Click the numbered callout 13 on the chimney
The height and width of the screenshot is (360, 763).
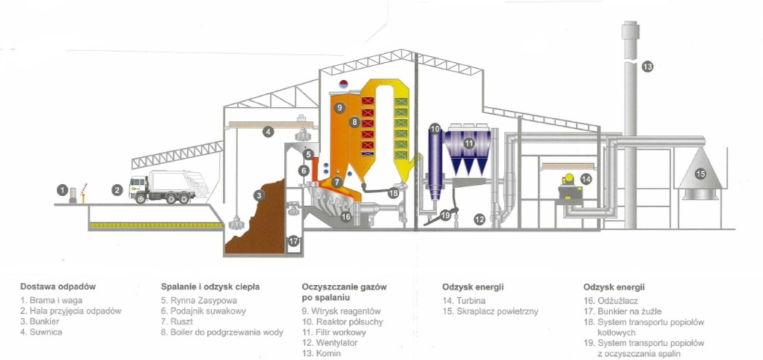tap(647, 67)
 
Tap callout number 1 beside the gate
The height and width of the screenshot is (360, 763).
tap(63, 190)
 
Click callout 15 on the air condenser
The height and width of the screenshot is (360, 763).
tap(700, 174)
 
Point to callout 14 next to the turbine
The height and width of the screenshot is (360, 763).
tap(586, 179)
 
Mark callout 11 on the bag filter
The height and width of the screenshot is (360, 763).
tap(469, 142)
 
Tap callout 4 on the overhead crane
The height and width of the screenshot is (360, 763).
tap(268, 132)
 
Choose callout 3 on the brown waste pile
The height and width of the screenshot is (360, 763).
tap(259, 195)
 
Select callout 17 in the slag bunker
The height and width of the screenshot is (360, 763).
tap(293, 241)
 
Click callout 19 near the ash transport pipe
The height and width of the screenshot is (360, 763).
tap(446, 216)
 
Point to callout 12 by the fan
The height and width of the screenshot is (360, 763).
tap(479, 219)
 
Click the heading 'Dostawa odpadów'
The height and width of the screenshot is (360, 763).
tap(58, 287)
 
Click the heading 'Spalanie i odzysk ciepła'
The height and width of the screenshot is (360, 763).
tap(210, 287)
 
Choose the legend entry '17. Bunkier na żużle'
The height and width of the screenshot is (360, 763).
tap(623, 311)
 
